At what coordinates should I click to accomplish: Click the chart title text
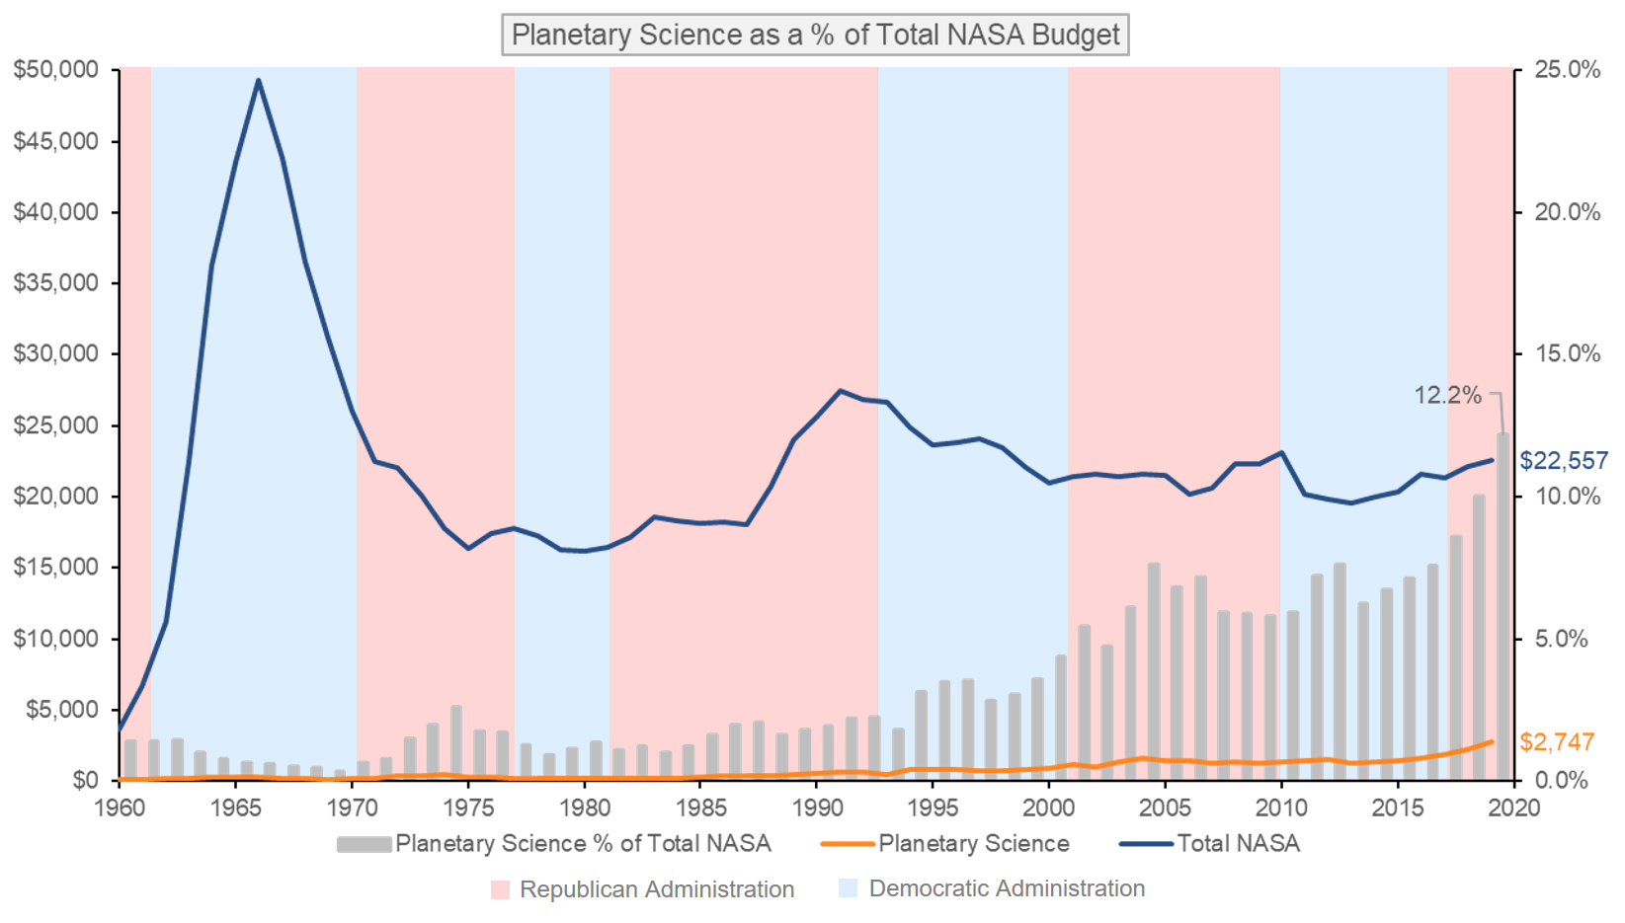(815, 36)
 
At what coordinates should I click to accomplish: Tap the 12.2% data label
(1447, 396)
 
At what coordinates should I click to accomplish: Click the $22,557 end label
(1563, 461)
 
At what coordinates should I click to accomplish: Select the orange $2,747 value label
(1557, 742)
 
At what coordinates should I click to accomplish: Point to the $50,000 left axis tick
(56, 70)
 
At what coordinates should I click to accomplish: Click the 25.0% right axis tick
(1567, 70)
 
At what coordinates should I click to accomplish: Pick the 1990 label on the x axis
(817, 808)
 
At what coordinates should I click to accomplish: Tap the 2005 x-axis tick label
(1165, 808)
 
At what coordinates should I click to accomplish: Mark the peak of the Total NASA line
(259, 81)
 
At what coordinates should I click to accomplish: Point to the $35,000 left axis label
(56, 283)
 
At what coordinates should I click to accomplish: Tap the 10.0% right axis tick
(1567, 497)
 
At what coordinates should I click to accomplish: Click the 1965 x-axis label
(235, 808)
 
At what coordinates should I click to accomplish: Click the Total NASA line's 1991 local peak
(841, 391)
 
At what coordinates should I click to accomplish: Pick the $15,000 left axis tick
(56, 568)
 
